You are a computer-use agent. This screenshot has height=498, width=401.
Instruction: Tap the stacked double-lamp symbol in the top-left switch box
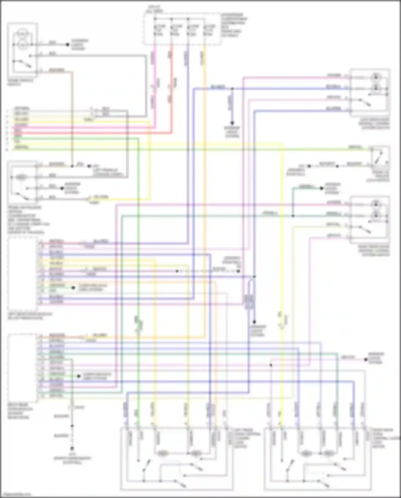pyautogui.click(x=22, y=40)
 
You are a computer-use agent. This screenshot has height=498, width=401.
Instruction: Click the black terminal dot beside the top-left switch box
pyautogui.click(x=68, y=44)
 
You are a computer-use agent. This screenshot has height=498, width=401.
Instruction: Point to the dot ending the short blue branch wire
pyautogui.click(x=232, y=123)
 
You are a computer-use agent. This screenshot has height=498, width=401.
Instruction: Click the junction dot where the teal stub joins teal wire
pyautogui.click(x=293, y=216)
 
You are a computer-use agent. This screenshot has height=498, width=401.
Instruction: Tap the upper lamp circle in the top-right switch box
pyautogui.click(x=376, y=77)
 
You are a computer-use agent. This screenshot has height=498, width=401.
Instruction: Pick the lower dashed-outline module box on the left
pyautogui.click(x=22, y=368)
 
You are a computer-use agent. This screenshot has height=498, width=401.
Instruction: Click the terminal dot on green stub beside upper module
pyautogui.click(x=73, y=288)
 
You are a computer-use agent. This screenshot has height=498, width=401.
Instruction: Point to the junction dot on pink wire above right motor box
pyautogui.click(x=271, y=365)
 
